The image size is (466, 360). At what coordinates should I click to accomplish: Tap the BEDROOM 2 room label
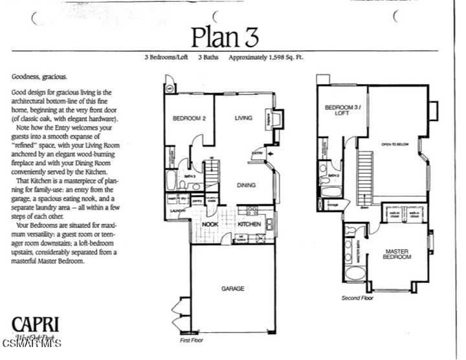coord(189,118)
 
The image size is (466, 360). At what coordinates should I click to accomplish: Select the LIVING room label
coord(243,118)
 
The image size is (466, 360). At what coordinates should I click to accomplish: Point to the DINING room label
coord(245,185)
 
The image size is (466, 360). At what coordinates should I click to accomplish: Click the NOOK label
coord(209,224)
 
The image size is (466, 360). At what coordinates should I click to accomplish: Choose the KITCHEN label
coord(249,224)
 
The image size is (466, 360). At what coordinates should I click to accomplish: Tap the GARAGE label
coord(233,289)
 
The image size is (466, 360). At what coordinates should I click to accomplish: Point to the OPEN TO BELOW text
coord(394,144)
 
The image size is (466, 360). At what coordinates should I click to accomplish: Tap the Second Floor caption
coord(357,298)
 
